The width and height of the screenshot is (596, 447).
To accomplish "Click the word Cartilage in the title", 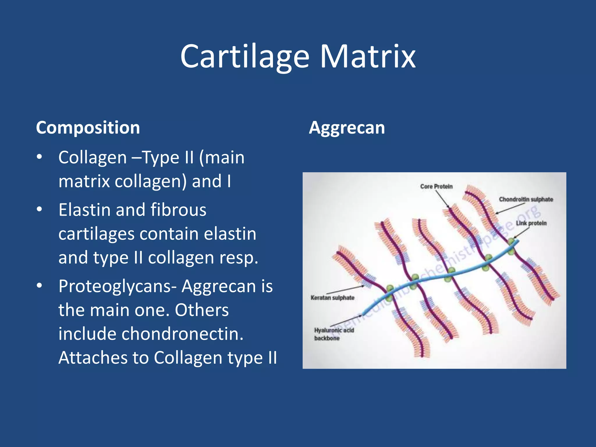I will coord(244,57).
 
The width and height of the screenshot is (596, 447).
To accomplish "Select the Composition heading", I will coord(88,128).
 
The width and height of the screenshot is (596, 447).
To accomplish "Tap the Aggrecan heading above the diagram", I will coord(347,128).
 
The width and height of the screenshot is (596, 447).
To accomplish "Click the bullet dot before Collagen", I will coord(40,157).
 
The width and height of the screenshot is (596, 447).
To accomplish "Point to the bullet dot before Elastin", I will coord(40,210).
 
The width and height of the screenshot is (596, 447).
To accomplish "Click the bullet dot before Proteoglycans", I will coord(40,286).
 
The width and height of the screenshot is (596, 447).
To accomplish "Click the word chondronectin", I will coord(182,334).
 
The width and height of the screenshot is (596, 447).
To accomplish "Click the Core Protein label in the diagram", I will coord(436,186).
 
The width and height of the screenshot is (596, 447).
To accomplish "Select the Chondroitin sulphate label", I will coord(526,199).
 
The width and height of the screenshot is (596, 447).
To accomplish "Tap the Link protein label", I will coord(531,223).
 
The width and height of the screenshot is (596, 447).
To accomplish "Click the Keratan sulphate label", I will coord(332,298).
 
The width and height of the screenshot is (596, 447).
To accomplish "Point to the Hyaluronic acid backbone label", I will coord(334,334).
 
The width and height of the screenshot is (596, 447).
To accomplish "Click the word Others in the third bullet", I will coord(201,310).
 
